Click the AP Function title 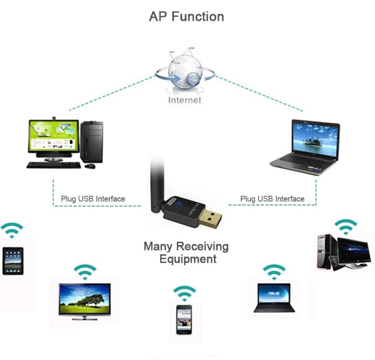tap(186, 16)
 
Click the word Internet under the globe tap(184, 100)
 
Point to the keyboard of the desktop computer tap(54, 165)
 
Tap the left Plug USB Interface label tap(92, 199)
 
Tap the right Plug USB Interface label tap(272, 199)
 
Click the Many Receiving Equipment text tap(186, 253)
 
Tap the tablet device tap(13, 261)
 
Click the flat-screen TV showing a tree tap(84, 300)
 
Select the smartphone tap(184, 319)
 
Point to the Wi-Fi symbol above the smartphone tap(184, 293)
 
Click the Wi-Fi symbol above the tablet tap(12, 230)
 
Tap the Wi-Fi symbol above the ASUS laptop tap(274, 271)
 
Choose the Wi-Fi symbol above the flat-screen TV tap(85, 272)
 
